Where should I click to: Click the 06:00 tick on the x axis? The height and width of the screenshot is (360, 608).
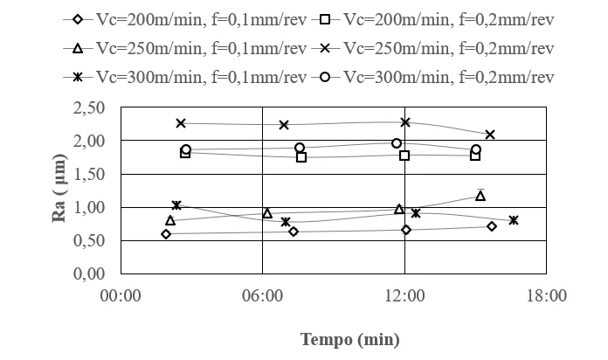coord(262,295)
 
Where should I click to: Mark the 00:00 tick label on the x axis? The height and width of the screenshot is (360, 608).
coord(121,295)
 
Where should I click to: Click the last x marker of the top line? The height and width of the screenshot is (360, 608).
coord(490,135)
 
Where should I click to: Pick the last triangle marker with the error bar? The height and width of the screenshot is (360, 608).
coord(480,196)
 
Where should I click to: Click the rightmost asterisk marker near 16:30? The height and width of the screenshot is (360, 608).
coord(514,220)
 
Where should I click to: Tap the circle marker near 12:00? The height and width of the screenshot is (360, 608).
coord(397,143)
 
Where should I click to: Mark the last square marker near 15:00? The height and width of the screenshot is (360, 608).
coord(475,156)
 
